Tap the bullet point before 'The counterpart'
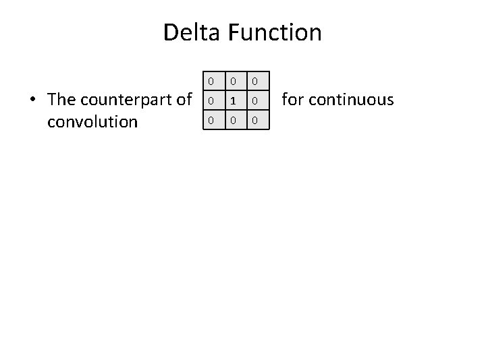32,100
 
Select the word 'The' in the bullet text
62,100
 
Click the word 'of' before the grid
184,100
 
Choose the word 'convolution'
92,122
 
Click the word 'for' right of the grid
292,100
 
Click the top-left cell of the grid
211,82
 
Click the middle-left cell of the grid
211,101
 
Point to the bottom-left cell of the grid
211,121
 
